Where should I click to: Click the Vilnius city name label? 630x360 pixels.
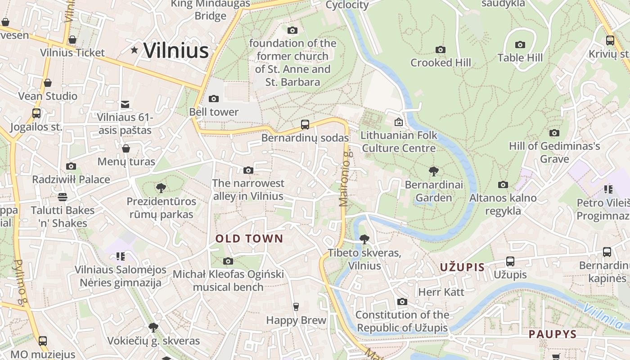pos(176,50)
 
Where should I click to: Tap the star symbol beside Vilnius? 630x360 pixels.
pos(134,50)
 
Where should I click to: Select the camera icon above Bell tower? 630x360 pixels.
pos(214,99)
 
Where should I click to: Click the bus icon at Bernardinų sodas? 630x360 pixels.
pos(305,125)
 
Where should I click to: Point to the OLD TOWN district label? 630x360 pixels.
pos(249,239)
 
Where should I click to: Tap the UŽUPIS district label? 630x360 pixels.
pos(462,267)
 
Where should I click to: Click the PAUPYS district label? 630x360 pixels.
pos(552,334)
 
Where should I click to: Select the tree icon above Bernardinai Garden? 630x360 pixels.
pos(434,171)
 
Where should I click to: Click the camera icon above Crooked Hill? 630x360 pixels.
pos(441,49)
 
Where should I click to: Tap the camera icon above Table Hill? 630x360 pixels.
pos(520,45)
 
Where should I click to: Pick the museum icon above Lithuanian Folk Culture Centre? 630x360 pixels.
pos(398,122)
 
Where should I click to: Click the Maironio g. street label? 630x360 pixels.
pos(345,179)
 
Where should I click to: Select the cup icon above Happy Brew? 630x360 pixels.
pos(296,307)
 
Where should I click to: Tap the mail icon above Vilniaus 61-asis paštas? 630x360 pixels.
pos(125,104)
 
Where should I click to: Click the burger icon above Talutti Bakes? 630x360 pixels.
pos(62,197)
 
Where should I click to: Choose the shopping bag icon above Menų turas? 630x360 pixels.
pos(126,148)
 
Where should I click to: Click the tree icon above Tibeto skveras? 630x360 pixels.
pos(364,239)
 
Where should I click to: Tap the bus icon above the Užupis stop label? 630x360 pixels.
pos(510,261)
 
